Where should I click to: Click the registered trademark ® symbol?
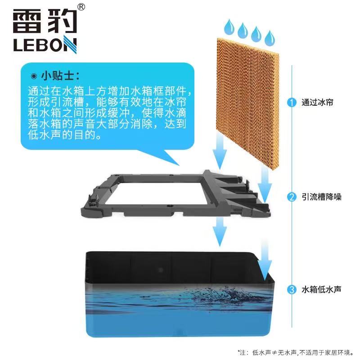(x=81, y=7)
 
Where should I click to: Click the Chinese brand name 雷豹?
(x=45, y=21)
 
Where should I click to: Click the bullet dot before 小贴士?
(x=34, y=76)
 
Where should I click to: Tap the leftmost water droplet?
(x=229, y=27)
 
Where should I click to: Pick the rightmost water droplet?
(x=270, y=38)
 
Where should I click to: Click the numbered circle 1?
(x=292, y=103)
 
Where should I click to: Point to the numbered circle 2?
(x=292, y=197)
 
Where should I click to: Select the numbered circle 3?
(x=292, y=289)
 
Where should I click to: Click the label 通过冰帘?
(x=317, y=103)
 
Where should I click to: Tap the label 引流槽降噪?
(x=321, y=197)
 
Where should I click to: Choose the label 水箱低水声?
(x=321, y=289)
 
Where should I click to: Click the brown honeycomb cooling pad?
(x=247, y=103)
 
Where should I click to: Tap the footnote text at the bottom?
(x=296, y=352)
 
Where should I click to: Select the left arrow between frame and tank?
(x=220, y=232)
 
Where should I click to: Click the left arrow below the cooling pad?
(x=220, y=152)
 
